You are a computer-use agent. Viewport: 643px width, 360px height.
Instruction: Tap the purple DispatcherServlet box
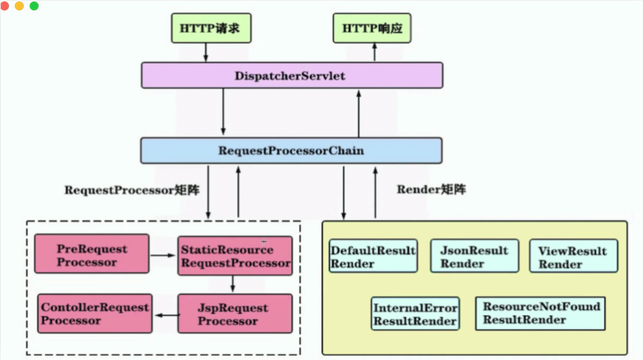(292, 76)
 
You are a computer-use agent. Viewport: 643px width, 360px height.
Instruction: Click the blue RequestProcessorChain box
(291, 150)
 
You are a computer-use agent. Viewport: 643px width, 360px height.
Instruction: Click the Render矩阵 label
(431, 190)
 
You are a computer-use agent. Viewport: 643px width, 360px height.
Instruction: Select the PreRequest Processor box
(92, 255)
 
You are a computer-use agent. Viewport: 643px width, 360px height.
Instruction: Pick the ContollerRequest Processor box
(95, 313)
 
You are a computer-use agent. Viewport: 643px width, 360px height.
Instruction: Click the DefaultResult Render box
(373, 256)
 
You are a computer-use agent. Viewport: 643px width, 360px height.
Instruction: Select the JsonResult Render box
(475, 256)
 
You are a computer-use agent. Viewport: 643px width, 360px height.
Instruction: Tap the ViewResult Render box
(573, 256)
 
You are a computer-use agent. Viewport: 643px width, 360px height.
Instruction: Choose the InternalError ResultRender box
(415, 313)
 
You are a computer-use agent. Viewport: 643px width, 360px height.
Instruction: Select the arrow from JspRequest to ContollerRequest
(165, 314)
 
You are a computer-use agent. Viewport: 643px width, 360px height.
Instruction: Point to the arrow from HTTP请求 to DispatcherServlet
(207, 52)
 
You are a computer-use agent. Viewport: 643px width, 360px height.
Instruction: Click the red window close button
(5, 6)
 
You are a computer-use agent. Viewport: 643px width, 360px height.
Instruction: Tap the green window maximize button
(34, 6)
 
